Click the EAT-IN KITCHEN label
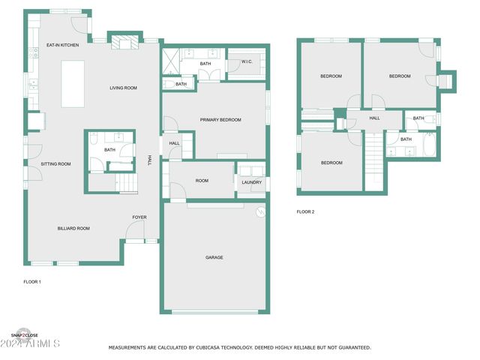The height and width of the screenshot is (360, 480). coord(62,45)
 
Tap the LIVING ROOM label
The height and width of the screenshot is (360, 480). coord(123,88)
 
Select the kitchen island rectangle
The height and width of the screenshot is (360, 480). coord(73,83)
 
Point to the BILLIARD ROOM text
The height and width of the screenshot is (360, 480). coord(73,228)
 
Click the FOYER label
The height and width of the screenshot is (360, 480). coord(139,217)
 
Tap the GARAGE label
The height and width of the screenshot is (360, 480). coord(214,257)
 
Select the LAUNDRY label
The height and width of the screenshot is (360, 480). coord(252,182)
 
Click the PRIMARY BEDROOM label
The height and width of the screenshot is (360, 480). coord(220,119)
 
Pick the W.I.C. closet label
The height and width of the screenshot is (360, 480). coord(247,61)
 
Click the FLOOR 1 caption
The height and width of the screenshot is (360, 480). coord(32,282)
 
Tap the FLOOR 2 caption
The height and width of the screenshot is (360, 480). coord(305,212)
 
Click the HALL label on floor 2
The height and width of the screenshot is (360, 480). coord(374,118)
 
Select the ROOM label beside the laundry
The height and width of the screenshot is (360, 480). coord(202,181)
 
